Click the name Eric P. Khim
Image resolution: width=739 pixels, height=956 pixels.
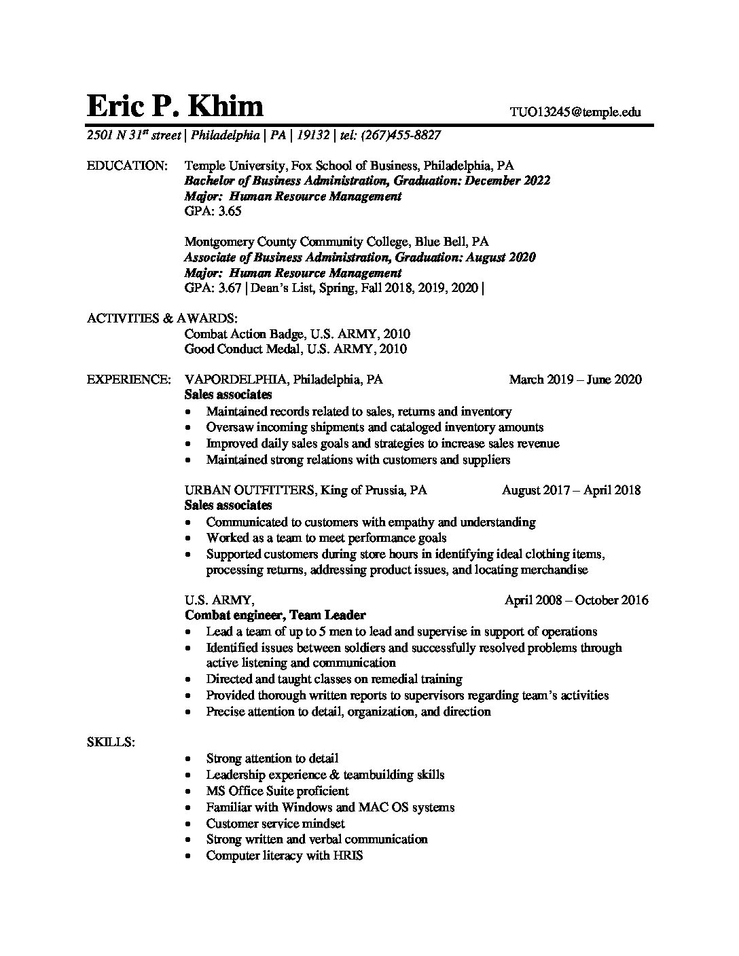[175, 107]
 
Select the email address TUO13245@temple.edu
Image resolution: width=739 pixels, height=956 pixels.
[575, 113]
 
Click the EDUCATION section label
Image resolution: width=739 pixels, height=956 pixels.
[127, 166]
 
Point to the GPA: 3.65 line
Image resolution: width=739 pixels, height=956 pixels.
[213, 211]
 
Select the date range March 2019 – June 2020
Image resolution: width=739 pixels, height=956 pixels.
[575, 380]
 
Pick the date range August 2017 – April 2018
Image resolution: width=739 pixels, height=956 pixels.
[571, 490]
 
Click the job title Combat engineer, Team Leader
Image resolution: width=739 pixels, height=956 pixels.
[275, 615]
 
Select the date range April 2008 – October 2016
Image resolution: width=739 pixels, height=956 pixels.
[576, 600]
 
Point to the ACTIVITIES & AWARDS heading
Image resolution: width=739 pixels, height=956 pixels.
[162, 318]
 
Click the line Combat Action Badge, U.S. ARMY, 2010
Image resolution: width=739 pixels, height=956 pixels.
[297, 334]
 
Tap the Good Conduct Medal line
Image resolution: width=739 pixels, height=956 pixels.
[295, 350]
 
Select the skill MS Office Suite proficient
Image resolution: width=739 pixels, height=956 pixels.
[277, 791]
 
